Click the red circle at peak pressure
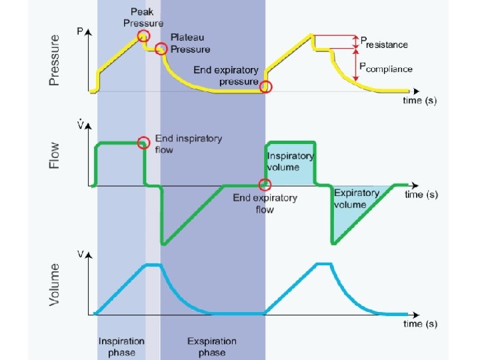[x=143, y=36]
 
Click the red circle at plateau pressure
[x=161, y=49]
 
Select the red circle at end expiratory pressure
[x=265, y=87]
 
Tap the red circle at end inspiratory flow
[x=143, y=143]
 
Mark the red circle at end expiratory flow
[x=265, y=185]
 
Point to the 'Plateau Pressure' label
[x=190, y=44]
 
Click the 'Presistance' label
[x=384, y=43]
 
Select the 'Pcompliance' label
[x=386, y=67]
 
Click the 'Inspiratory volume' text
[x=291, y=161]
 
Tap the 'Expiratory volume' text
[x=357, y=198]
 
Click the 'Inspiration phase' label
[x=121, y=347]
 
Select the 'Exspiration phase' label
[x=213, y=347]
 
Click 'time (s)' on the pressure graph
[x=421, y=100]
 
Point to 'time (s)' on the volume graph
[x=421, y=323]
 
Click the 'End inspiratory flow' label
[x=189, y=144]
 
